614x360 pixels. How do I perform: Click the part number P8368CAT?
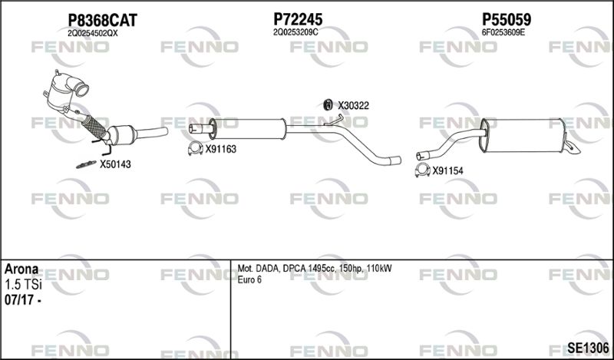pyautogui.click(x=103, y=20)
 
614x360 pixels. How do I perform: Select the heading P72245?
pyautogui.click(x=298, y=18)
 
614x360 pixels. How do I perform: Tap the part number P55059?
pyautogui.click(x=507, y=18)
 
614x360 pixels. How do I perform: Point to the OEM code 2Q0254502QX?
pyautogui.click(x=92, y=34)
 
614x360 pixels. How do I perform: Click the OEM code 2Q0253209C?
pyautogui.click(x=295, y=32)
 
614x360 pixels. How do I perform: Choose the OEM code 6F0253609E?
pyautogui.click(x=503, y=32)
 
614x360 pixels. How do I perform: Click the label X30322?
pyautogui.click(x=353, y=106)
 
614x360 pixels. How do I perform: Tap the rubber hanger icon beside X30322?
pyautogui.click(x=328, y=104)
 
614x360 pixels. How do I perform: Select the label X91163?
pyautogui.click(x=221, y=149)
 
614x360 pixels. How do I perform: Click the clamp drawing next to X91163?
pyautogui.click(x=196, y=148)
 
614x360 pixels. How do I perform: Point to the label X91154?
pyautogui.click(x=447, y=171)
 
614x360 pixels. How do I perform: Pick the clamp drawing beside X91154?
pyautogui.click(x=422, y=170)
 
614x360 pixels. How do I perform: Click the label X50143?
pyautogui.click(x=115, y=164)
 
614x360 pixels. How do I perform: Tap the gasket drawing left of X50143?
pyautogui.click(x=86, y=164)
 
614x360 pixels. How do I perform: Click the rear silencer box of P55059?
pyautogui.click(x=523, y=136)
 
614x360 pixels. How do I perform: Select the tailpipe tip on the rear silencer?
pyautogui.click(x=571, y=147)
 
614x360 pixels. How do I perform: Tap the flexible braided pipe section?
pyautogui.click(x=94, y=126)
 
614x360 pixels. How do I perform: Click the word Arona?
pyautogui.click(x=21, y=269)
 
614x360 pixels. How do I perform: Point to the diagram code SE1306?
pyautogui.click(x=588, y=347)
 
